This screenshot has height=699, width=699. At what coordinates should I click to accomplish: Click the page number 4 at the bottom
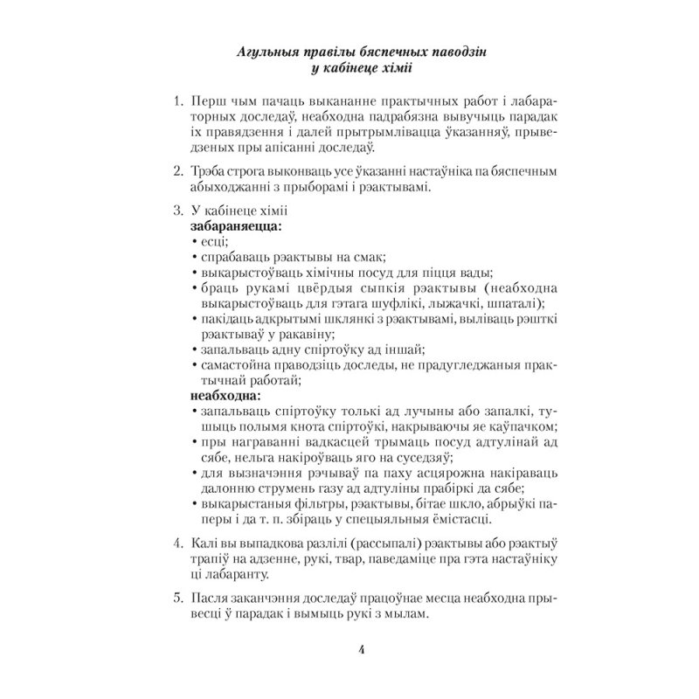(349, 649)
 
